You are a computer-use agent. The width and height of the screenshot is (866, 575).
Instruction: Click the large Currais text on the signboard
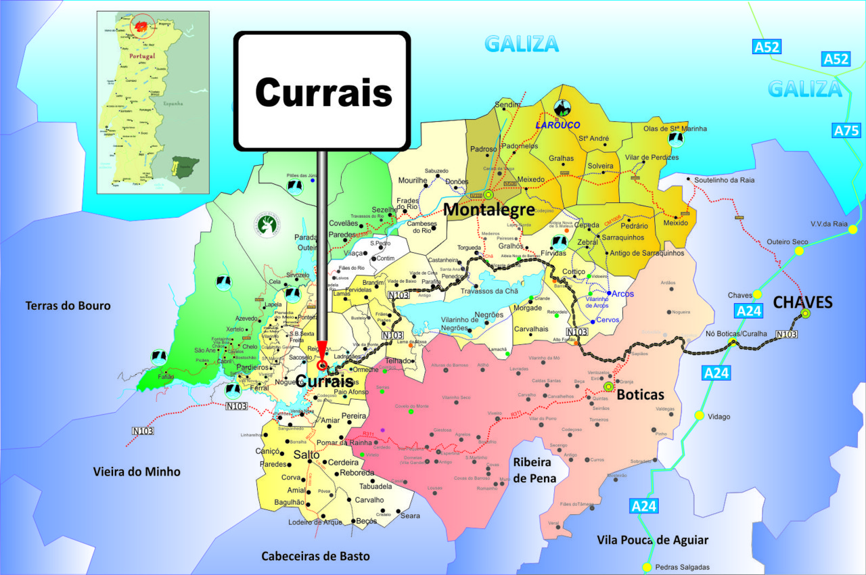pyautogui.click(x=323, y=91)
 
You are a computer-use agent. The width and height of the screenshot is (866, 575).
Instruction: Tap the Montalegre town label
pyautogui.click(x=489, y=210)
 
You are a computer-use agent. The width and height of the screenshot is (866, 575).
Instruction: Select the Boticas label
pyautogui.click(x=640, y=394)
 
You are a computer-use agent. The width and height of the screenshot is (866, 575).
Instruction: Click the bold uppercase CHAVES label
pyautogui.click(x=802, y=302)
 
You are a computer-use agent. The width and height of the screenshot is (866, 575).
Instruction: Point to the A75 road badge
pyautogui.click(x=846, y=131)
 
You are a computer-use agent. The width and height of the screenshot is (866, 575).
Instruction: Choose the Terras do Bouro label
pyautogui.click(x=68, y=306)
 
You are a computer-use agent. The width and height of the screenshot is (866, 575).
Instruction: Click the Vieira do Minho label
pyautogui.click(x=137, y=471)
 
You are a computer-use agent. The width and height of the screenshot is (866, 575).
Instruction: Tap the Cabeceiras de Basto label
pyautogui.click(x=316, y=556)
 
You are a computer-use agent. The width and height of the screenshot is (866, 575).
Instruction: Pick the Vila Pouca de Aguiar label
pyautogui.click(x=652, y=540)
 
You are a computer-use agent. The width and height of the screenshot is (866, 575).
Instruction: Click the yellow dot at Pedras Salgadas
pyautogui.click(x=647, y=567)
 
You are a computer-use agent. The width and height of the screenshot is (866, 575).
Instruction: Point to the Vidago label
pyautogui.click(x=719, y=417)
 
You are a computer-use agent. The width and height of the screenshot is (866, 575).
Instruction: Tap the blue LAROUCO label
pyautogui.click(x=558, y=125)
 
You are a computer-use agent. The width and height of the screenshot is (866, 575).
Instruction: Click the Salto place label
pyautogui.click(x=307, y=455)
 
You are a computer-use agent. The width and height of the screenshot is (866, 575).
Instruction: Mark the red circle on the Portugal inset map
pyautogui.click(x=142, y=26)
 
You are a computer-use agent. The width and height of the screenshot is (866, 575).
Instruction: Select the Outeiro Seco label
pyautogui.click(x=788, y=241)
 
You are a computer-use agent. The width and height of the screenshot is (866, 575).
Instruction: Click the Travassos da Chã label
pyautogui.click(x=488, y=292)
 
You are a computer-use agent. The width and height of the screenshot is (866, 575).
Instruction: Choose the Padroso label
pyautogui.click(x=484, y=149)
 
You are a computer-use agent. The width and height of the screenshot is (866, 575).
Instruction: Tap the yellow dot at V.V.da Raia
pyautogui.click(x=852, y=229)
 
